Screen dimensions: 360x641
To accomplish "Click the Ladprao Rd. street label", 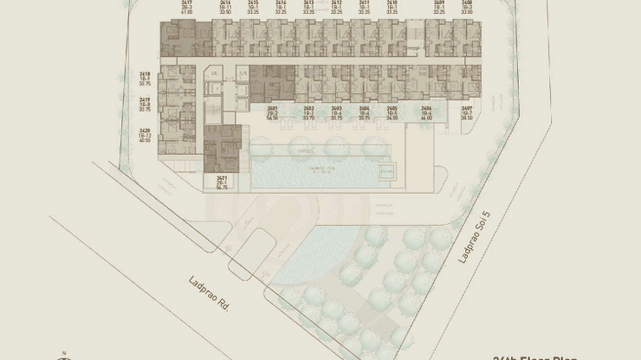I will (209, 294).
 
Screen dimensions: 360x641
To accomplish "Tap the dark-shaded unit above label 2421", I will (222, 148).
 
